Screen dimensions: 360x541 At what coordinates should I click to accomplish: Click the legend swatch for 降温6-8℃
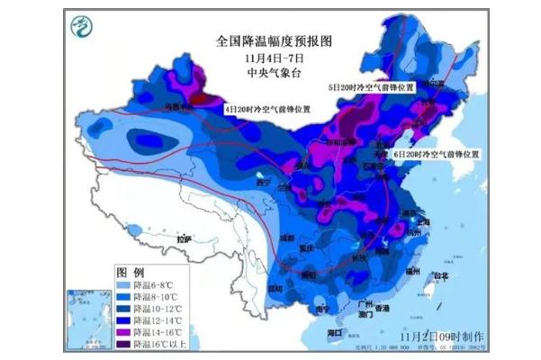[122, 283]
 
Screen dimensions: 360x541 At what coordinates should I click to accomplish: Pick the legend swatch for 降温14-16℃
[122, 331]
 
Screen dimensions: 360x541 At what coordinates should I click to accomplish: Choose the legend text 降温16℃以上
[157, 344]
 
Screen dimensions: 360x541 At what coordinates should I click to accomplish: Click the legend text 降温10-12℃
[157, 308]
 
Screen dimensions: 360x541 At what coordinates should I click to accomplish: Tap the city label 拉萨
[185, 239]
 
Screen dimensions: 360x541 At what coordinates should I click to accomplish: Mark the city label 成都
[287, 238]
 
